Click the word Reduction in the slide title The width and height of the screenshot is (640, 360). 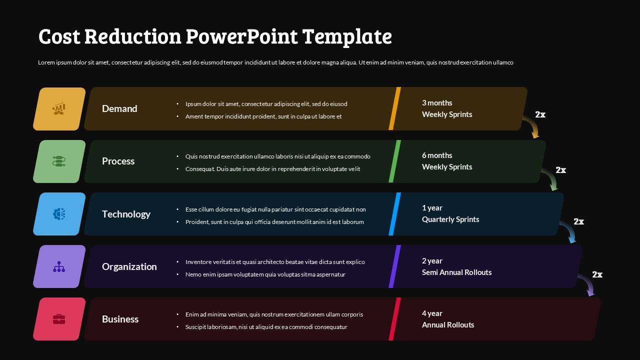click(132, 36)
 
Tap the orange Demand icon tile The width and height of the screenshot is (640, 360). click(59, 109)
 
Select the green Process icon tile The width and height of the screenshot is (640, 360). click(59, 161)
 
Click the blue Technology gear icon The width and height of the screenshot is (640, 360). click(59, 214)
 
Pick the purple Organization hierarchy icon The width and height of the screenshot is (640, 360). click(59, 266)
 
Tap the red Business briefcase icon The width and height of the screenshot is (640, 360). click(59, 319)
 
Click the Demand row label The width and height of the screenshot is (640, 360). click(119, 108)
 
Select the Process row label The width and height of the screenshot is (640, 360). click(118, 161)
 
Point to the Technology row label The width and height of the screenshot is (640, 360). click(126, 214)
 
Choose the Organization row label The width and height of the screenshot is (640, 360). click(129, 266)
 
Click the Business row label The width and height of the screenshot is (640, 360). click(120, 319)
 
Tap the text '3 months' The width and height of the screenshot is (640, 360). click(437, 103)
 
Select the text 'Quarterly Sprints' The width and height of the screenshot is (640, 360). click(450, 219)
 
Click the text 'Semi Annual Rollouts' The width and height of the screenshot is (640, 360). click(456, 272)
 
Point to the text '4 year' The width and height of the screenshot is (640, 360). click(432, 313)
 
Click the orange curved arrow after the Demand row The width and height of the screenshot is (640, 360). click(531, 125)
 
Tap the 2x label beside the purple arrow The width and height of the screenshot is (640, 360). click(597, 274)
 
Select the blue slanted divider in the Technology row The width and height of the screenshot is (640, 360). click(395, 214)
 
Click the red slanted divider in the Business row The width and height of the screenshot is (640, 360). click(395, 319)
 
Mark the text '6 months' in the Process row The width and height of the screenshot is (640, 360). click(437, 155)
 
